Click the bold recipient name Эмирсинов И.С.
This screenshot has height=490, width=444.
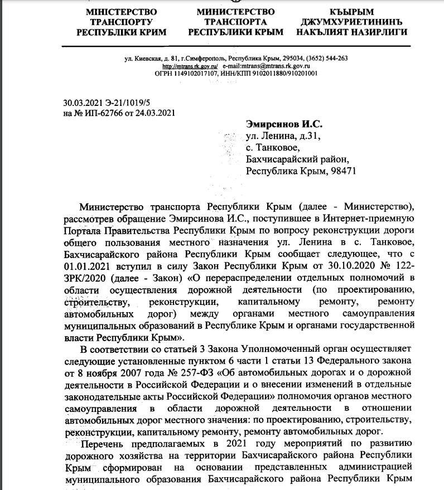coord(284,124)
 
